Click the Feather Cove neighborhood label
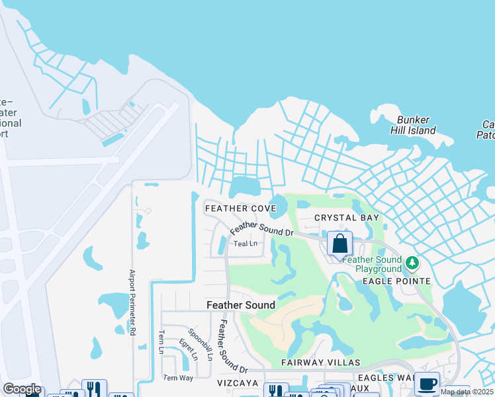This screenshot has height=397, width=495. (240, 208)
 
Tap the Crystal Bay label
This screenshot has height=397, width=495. (347, 218)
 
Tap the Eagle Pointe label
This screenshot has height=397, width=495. (396, 281)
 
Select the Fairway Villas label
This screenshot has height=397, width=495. (320, 363)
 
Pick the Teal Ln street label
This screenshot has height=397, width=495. (245, 243)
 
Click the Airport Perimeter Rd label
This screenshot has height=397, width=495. (132, 302)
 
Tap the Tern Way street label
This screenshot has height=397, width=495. (179, 378)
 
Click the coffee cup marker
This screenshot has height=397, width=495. (427, 384)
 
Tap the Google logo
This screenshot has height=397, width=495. (22, 389)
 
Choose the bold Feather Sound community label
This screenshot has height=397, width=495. (241, 305)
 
